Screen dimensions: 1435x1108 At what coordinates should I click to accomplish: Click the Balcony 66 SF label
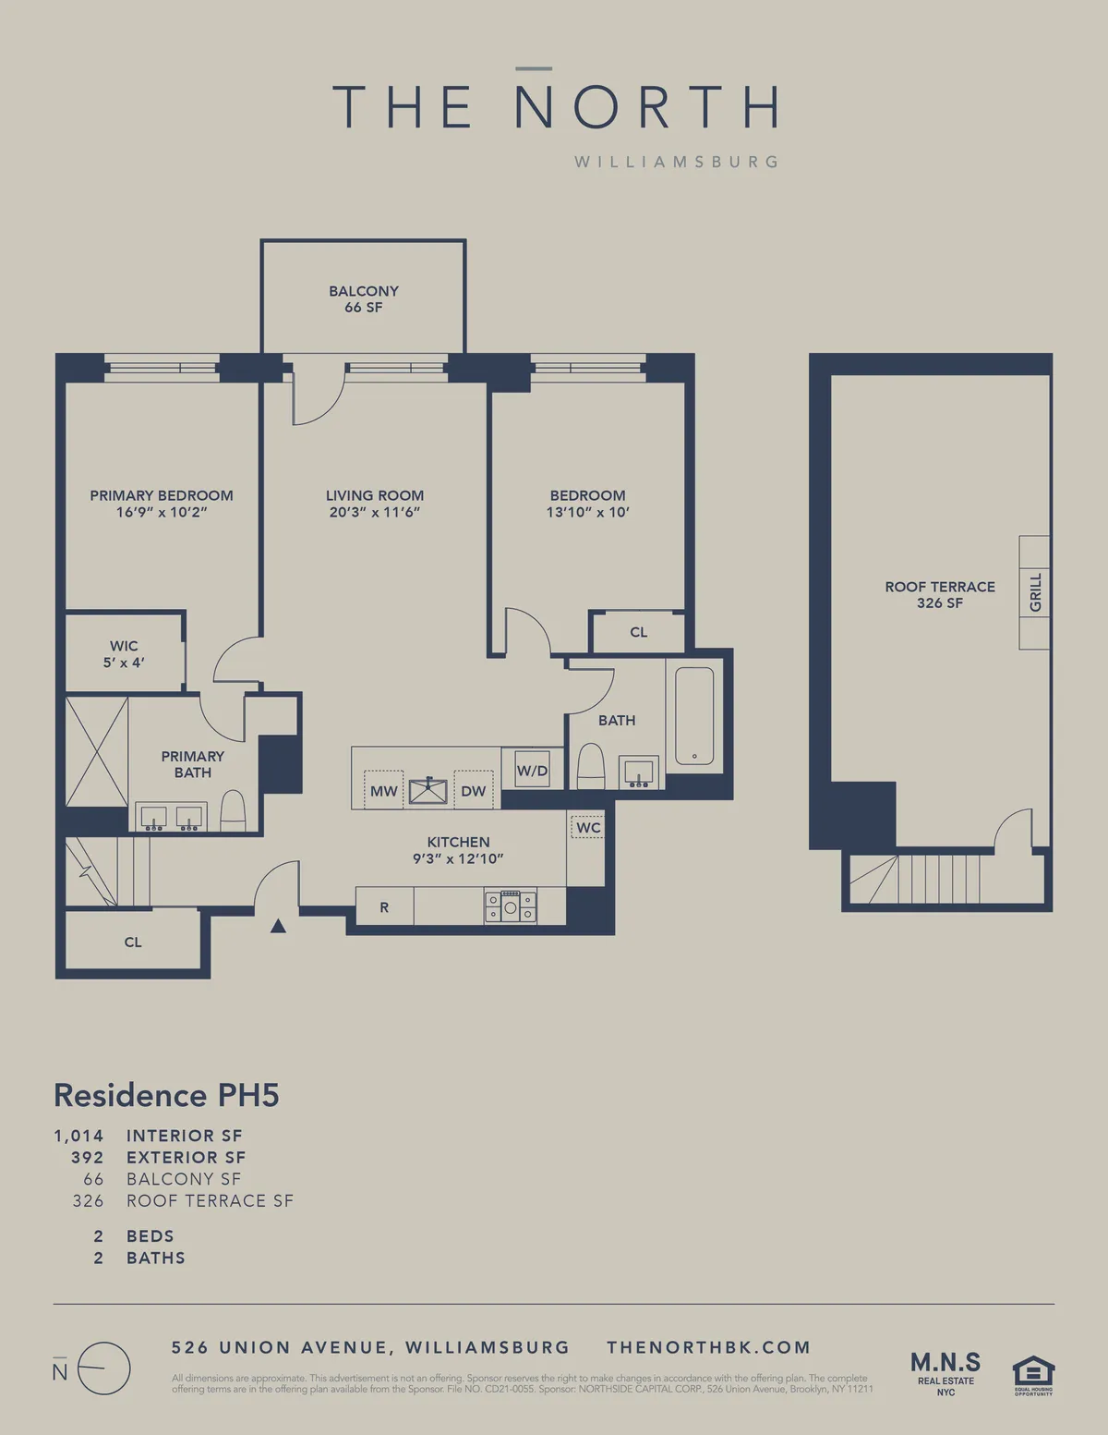(364, 298)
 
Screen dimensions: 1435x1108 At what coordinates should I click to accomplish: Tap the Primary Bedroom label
(162, 495)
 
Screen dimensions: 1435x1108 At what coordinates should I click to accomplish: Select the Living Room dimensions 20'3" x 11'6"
(374, 512)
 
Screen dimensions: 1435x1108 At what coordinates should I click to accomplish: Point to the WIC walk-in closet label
(124, 653)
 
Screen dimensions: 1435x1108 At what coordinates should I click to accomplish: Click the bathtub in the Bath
(694, 714)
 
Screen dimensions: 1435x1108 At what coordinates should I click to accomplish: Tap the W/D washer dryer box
(532, 770)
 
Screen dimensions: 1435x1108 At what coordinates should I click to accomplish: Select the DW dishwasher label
(473, 791)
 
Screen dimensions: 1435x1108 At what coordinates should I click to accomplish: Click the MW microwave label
(383, 791)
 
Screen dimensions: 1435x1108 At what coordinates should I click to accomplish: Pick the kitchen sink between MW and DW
(428, 791)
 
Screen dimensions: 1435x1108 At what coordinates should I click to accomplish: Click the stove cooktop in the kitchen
(511, 906)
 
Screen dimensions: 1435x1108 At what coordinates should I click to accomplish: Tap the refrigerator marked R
(384, 907)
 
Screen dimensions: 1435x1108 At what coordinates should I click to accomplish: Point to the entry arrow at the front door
(278, 925)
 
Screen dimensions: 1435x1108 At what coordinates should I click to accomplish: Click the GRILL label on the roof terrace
(1035, 592)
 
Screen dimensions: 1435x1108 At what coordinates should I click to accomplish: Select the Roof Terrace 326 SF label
(940, 594)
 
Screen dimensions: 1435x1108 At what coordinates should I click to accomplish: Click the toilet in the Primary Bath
(233, 811)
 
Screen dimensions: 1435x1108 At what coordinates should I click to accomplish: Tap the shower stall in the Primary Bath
(96, 751)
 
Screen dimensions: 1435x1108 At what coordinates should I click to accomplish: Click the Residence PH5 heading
(166, 1095)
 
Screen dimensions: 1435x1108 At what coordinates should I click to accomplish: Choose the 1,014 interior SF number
(78, 1136)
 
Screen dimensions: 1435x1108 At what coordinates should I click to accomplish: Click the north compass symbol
(102, 1368)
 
